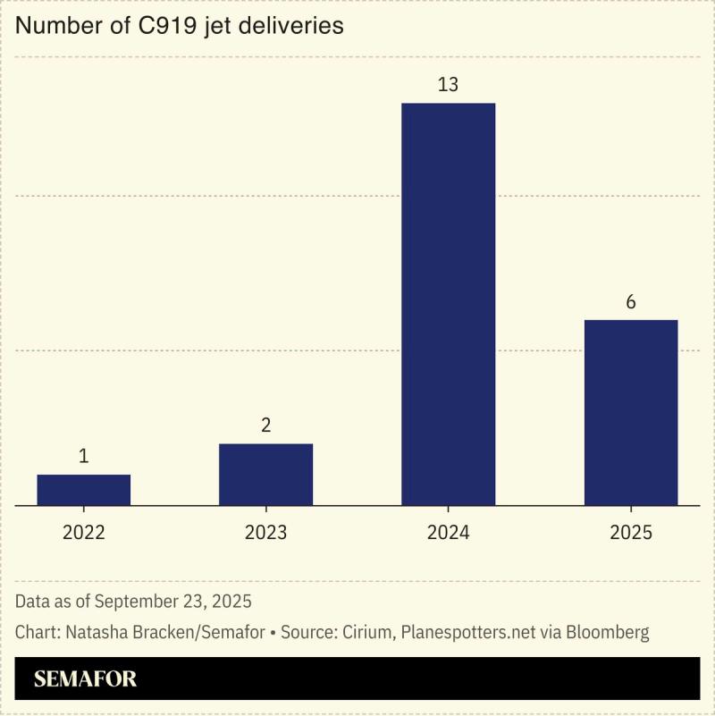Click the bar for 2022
tap(84, 490)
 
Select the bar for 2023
tap(265, 475)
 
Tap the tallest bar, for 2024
tap(448, 304)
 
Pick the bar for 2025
tap(630, 412)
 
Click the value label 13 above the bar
tap(448, 86)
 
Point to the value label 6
tap(630, 302)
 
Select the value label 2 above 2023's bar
tap(265, 425)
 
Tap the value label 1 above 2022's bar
tap(84, 457)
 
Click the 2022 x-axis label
tap(84, 533)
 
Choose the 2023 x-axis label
tap(265, 533)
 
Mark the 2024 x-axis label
tap(448, 533)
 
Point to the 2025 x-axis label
tap(630, 533)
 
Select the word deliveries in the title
tap(294, 27)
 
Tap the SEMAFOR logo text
tap(86, 679)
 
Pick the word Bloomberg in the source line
tap(605, 632)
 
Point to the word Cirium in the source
tap(365, 632)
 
